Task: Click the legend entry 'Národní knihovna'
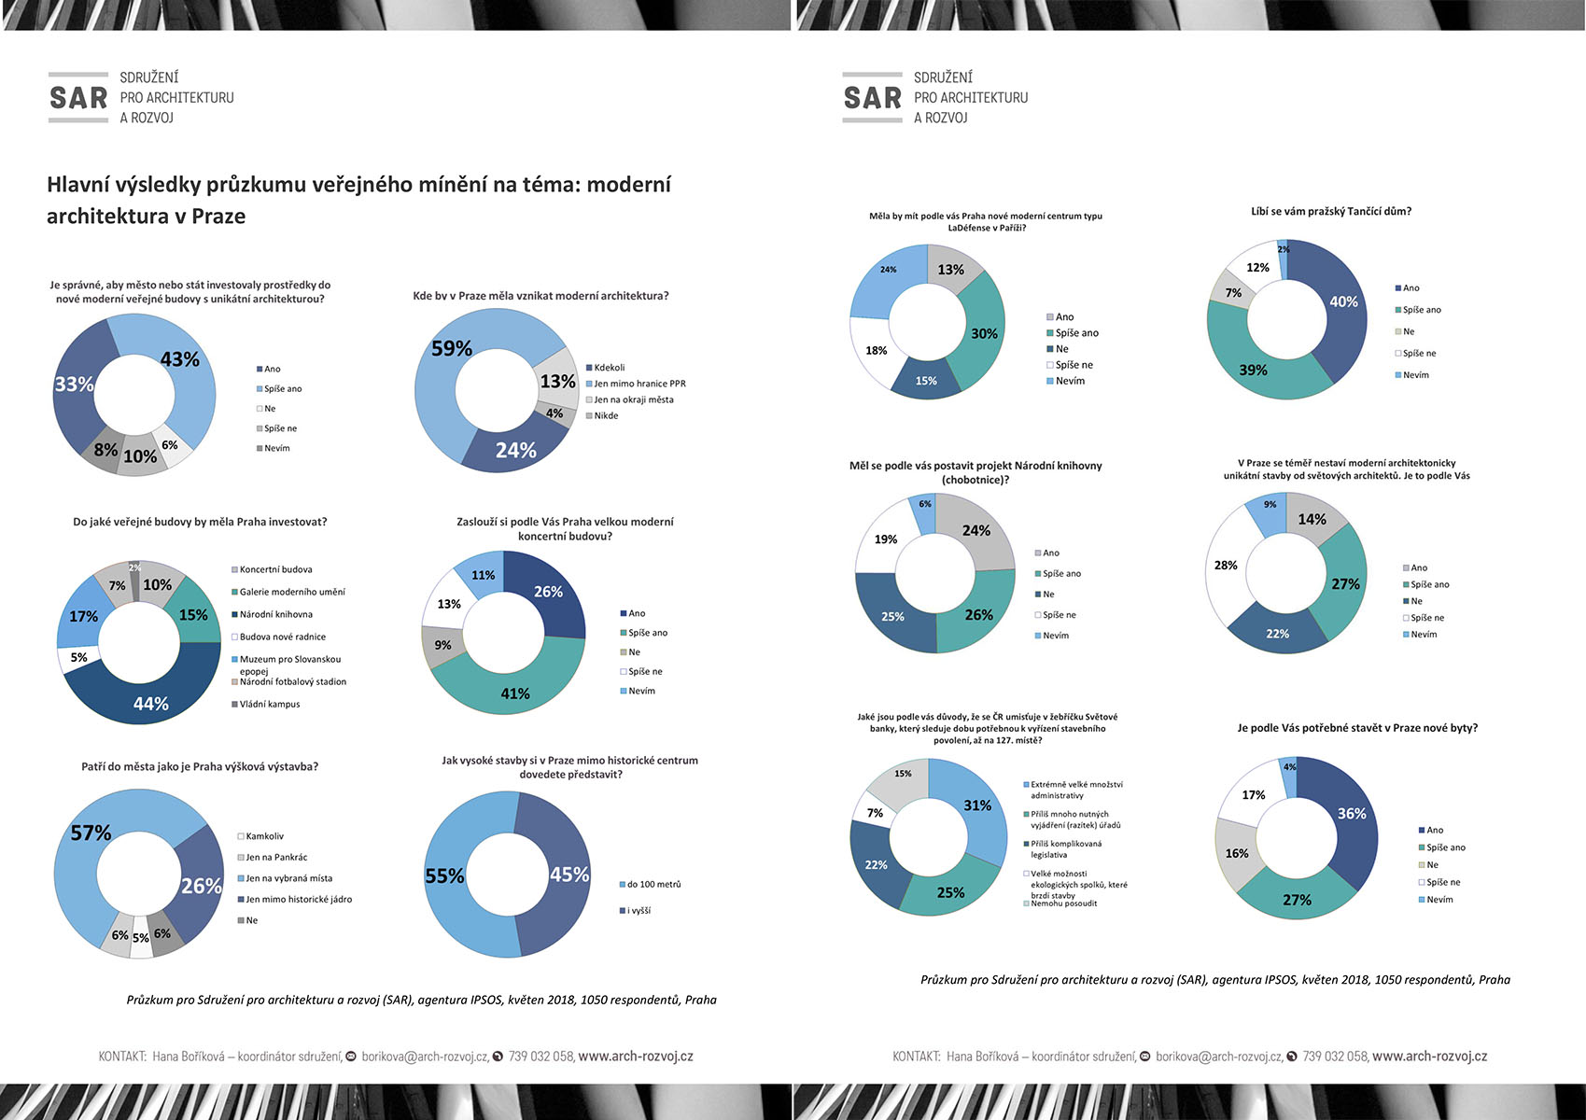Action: [275, 614]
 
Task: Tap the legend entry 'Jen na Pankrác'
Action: [276, 857]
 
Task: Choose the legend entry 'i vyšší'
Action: [639, 910]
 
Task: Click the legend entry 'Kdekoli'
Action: [609, 368]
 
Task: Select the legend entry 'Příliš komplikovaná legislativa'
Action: [1065, 848]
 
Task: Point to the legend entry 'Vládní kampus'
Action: [269, 704]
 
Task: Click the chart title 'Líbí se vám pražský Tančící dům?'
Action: [1331, 212]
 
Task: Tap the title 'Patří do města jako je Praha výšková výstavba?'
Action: [200, 766]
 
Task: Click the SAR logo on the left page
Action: [78, 98]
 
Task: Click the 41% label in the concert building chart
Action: [515, 693]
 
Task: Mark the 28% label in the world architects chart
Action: [1226, 566]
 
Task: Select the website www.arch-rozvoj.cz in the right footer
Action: [1429, 1057]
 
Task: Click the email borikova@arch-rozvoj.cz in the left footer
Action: [425, 1057]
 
